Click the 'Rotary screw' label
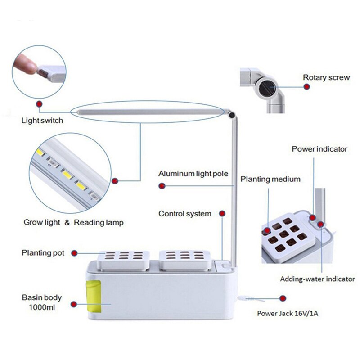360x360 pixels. (x=326, y=77)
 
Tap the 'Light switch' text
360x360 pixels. (x=42, y=121)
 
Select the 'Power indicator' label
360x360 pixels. (x=319, y=148)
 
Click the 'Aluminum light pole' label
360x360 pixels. (x=193, y=174)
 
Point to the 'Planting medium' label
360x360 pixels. (x=270, y=179)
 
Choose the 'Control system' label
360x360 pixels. (x=184, y=213)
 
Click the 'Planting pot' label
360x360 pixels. (x=43, y=253)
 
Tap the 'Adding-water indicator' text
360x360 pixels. (x=317, y=279)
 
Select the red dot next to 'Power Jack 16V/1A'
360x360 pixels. (x=283, y=298)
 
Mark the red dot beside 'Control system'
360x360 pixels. (x=221, y=213)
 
